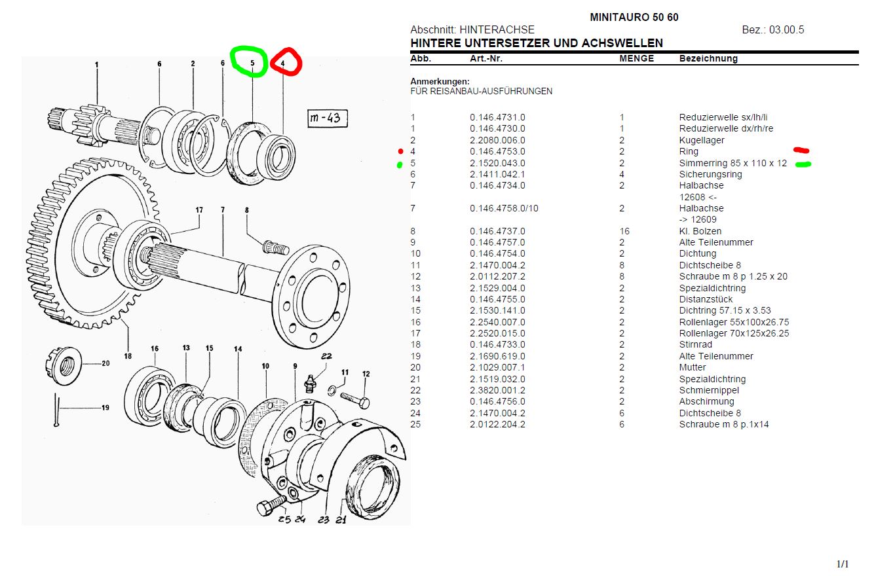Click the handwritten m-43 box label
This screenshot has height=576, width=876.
tap(328, 119)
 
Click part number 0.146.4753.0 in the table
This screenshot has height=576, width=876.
tap(497, 152)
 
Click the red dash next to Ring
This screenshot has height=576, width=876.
tap(801, 151)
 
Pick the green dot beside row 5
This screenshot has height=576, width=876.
tap(400, 165)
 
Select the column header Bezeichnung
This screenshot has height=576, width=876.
tap(708, 58)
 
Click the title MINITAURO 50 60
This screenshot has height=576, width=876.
tap(634, 18)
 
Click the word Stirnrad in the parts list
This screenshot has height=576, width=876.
tap(696, 345)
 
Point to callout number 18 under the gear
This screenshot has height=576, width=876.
tap(128, 355)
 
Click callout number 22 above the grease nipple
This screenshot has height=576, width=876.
tap(326, 357)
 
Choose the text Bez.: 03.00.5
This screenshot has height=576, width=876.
tap(772, 30)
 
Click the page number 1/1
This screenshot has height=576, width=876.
tap(842, 564)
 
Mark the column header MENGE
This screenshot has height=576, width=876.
tap(636, 58)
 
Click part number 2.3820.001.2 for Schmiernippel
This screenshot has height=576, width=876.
tap(497, 390)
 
